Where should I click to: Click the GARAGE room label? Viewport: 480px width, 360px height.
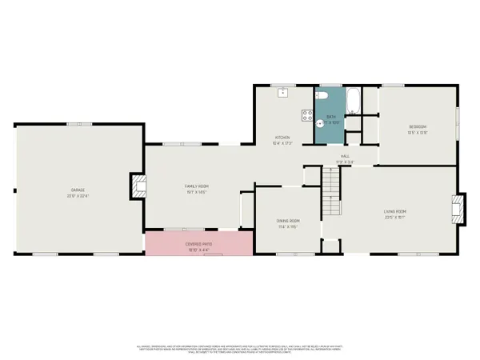click(x=77, y=190)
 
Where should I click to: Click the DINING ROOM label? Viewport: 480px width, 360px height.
click(x=288, y=221)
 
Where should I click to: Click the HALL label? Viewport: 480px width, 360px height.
click(x=345, y=156)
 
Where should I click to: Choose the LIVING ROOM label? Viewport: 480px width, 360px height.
click(x=395, y=211)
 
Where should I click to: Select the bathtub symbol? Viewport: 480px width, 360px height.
click(x=353, y=100)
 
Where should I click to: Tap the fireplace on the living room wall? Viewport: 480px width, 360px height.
click(x=458, y=208)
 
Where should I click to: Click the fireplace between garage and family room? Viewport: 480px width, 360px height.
click(x=137, y=187)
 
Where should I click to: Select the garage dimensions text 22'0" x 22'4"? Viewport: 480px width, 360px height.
click(x=77, y=195)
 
